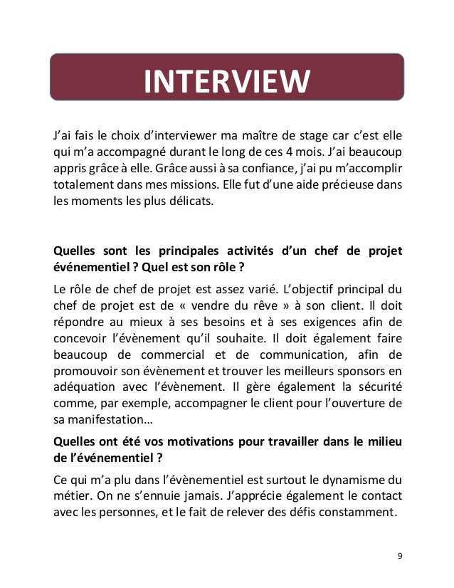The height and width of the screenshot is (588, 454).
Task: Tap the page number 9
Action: point(398,555)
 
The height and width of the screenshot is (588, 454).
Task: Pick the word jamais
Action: point(199,495)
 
